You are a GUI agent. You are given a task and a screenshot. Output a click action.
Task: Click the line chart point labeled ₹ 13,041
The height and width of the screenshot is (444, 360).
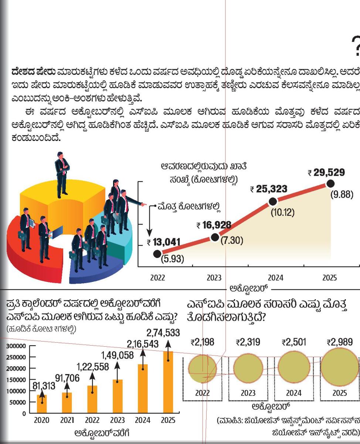157,253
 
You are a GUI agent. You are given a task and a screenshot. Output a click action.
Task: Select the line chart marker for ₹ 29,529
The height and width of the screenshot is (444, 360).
330,184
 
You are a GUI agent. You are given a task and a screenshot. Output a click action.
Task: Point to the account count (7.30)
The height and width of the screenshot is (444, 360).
232,241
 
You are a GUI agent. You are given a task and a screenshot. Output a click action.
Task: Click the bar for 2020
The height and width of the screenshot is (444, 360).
42,404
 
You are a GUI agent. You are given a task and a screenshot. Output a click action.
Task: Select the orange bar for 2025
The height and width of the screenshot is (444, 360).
168,382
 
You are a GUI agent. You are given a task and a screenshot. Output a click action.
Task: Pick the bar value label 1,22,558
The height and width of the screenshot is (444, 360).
93,367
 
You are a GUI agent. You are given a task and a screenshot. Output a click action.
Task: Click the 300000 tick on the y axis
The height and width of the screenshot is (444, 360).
16,346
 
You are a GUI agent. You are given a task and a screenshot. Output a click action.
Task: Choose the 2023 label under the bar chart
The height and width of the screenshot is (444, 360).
118,421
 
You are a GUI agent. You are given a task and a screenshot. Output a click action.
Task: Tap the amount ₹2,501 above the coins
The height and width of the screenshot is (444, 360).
294,342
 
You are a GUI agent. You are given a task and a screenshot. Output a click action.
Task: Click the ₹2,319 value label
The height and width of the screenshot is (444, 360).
248,342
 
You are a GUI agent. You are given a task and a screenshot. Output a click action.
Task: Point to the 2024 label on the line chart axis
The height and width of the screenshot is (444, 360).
275,277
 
